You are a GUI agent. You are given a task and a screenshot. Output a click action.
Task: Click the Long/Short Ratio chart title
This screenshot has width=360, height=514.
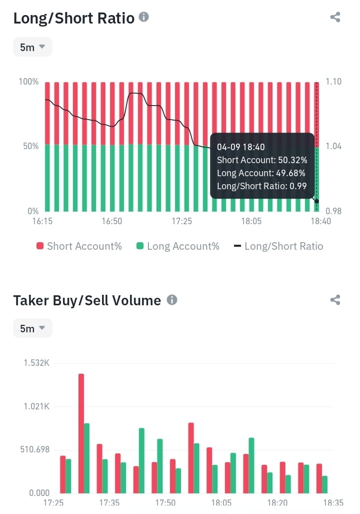coord(73,19)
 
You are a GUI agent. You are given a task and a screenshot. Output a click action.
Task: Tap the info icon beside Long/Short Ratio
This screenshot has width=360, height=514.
coord(144,17)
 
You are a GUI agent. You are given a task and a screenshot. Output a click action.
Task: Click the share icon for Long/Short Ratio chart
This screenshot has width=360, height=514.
coord(335,17)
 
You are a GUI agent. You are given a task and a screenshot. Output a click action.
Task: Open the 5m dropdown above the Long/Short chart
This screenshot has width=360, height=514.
coord(32,47)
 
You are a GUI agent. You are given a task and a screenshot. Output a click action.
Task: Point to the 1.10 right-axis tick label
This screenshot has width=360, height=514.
coord(333,81)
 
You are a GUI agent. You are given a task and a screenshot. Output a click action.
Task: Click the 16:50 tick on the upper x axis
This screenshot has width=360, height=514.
coord(111,221)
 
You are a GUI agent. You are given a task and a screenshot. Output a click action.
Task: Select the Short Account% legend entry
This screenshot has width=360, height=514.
coord(79,246)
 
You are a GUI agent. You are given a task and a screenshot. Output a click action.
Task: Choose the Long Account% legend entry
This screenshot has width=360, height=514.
coord(177,246)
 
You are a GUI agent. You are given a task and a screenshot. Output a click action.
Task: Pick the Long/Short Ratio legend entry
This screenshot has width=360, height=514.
coord(278,246)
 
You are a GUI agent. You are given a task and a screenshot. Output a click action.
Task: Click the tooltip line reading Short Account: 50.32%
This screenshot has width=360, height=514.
coord(262,160)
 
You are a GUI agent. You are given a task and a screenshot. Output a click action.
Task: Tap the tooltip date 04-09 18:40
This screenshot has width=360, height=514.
coord(241,147)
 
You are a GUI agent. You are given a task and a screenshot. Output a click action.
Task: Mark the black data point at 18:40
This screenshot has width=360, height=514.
coord(316,201)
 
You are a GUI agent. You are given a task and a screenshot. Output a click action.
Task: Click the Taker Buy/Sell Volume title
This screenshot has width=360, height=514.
coord(87,301)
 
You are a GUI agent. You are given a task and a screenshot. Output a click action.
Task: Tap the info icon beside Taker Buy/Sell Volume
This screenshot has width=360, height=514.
coord(172,300)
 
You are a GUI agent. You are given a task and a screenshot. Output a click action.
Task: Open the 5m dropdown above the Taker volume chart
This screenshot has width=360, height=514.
coord(32,328)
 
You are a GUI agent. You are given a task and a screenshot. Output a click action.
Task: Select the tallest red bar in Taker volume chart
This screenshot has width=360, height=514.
coord(81,433)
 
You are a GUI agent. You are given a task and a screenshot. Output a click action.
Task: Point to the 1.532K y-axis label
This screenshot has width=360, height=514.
coord(36,363)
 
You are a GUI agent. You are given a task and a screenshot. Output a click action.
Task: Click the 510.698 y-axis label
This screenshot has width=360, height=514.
coord(34,449)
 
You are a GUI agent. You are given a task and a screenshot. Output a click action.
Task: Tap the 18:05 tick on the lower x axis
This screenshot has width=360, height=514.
coord(221,502)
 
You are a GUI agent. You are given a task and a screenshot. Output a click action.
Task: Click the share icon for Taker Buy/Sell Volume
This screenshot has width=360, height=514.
coord(335,300)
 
